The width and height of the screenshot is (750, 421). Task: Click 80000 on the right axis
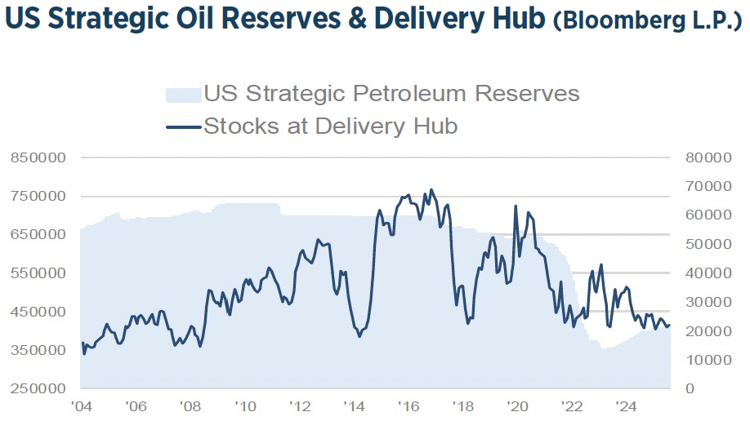click(706, 157)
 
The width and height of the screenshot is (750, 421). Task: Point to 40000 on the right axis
click(706, 273)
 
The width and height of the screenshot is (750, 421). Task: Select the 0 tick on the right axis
click(691, 388)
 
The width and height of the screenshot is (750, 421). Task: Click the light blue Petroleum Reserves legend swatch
click(182, 95)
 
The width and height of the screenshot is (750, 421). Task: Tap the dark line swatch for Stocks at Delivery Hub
click(182, 126)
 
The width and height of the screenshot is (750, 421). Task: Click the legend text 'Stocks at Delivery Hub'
click(330, 126)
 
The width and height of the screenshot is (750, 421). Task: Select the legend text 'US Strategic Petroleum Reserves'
click(391, 94)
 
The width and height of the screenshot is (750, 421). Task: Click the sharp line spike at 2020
click(516, 206)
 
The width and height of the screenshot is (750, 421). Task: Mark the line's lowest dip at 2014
click(359, 336)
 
